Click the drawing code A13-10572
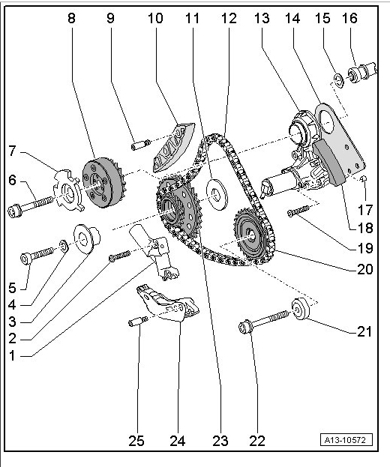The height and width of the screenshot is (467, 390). point(346,440)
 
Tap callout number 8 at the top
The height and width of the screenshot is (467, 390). point(71,18)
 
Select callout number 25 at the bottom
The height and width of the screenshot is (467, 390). point(136,441)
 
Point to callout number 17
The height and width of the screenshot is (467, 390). point(365,210)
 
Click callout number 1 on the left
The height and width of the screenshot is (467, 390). point(12,355)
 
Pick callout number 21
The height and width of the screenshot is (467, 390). point(364,331)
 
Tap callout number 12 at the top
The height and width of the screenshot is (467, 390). point(229,18)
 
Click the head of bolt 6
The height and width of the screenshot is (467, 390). point(14,211)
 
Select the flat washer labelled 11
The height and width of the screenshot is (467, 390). point(217,194)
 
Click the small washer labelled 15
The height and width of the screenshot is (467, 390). point(338,81)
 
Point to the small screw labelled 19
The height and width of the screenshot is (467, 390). point(298,211)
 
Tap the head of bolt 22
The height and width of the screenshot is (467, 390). point(245,328)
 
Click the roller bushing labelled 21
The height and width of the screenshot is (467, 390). point(300,309)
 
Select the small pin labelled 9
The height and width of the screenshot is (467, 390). point(141,145)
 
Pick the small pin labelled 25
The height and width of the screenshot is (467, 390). point(138,322)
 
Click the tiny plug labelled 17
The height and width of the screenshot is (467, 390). point(364,178)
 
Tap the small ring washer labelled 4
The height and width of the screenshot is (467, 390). point(64,245)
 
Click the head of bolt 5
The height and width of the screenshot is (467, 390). point(26,258)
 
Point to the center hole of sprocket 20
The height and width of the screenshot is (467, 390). point(251,236)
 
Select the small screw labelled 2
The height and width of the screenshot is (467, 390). point(120,256)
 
